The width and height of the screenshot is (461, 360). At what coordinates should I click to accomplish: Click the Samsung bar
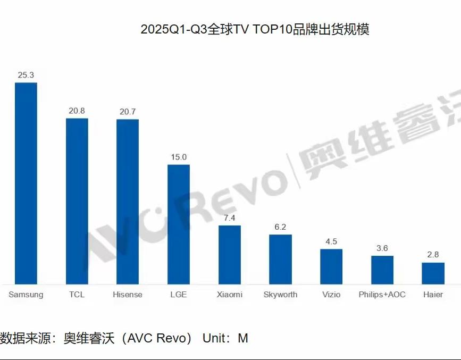(26, 183)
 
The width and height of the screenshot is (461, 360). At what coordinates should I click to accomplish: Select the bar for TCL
(77, 201)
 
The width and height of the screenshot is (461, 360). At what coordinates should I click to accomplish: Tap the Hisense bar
(128, 202)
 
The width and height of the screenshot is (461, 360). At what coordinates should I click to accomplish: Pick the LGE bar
(179, 224)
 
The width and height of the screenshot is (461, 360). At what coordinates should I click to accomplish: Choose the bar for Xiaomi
(230, 255)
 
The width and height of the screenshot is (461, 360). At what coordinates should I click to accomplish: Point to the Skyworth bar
(280, 259)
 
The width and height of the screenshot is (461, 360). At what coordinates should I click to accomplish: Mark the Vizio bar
(331, 266)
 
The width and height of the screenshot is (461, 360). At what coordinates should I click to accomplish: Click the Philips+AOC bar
(382, 270)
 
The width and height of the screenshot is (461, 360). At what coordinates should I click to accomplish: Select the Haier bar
(433, 273)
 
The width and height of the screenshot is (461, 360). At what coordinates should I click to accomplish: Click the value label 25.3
(26, 75)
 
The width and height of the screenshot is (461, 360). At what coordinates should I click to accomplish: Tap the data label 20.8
(77, 111)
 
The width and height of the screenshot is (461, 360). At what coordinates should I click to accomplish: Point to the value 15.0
(179, 157)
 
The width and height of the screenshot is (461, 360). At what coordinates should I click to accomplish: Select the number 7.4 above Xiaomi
(230, 218)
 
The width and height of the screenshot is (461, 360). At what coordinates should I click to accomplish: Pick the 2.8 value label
(433, 255)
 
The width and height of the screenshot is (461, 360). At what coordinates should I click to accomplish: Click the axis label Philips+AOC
(382, 294)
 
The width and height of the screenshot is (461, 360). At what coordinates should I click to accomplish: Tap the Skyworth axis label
(280, 294)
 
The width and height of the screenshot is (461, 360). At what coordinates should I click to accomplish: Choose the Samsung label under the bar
(26, 294)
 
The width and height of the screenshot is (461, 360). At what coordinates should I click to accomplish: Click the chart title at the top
(255, 29)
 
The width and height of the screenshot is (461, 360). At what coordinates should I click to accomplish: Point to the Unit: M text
(225, 338)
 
